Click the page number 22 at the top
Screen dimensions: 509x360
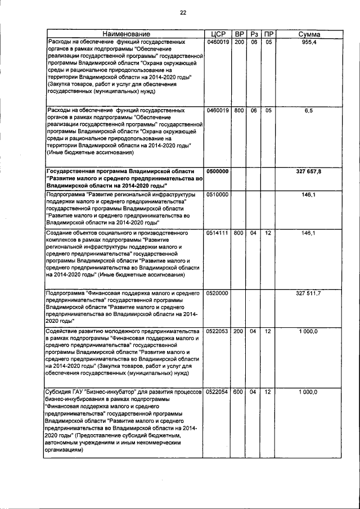(x=183, y=13)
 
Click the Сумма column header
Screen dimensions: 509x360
(x=309, y=35)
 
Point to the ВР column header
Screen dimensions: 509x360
(x=239, y=35)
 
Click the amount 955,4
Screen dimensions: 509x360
(x=310, y=43)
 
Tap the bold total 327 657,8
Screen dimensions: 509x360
(x=309, y=170)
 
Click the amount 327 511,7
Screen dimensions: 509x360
(x=309, y=293)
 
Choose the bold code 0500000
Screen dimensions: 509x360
(x=217, y=170)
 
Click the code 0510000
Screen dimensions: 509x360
(x=217, y=194)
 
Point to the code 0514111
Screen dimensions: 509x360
(x=217, y=232)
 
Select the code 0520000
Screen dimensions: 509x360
(x=217, y=293)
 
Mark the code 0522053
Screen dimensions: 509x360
(x=217, y=331)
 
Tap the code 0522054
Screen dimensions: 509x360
(x=217, y=391)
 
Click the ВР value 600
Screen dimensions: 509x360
(x=239, y=391)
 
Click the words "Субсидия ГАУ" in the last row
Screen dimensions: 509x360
(x=65, y=391)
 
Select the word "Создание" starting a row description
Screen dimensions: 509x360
(x=60, y=232)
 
